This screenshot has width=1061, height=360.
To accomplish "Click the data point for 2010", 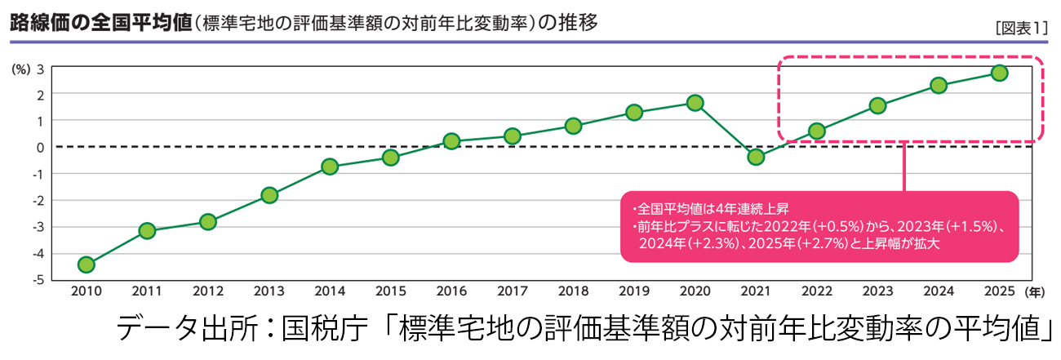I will tap(86, 264).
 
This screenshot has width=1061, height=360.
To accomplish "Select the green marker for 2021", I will tap(756, 157).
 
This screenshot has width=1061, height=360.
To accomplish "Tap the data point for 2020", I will tap(695, 103).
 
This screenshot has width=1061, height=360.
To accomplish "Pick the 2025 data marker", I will tap(999, 73).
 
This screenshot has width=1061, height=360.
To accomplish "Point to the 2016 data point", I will tap(451, 141).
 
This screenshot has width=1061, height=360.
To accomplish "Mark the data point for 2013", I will tap(269, 195).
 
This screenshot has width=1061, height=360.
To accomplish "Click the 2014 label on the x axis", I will tap(330, 291).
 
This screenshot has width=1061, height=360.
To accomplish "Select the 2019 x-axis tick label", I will tap(634, 291).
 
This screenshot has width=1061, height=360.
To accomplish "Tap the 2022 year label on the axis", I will tap(817, 291).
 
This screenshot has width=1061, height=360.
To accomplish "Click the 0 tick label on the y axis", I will tap(40, 147).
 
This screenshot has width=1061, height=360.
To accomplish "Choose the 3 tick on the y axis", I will tap(40, 68).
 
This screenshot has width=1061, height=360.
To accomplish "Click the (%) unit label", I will tap(20, 69).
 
